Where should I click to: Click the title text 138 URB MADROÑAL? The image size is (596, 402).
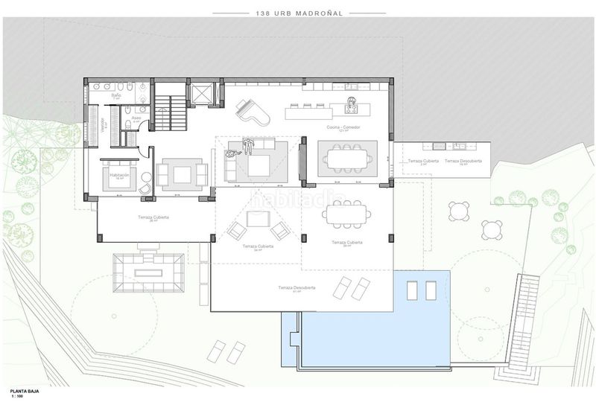[x=297, y=13]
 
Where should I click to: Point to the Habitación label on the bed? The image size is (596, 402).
[x=119, y=176]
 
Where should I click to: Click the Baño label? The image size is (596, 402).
[x=116, y=96]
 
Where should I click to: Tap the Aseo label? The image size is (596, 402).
[x=136, y=118]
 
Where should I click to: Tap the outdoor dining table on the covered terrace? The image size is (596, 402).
[x=347, y=215]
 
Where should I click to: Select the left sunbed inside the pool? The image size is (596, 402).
[x=411, y=290]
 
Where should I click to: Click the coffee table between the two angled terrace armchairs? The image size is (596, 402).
[x=258, y=219]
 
